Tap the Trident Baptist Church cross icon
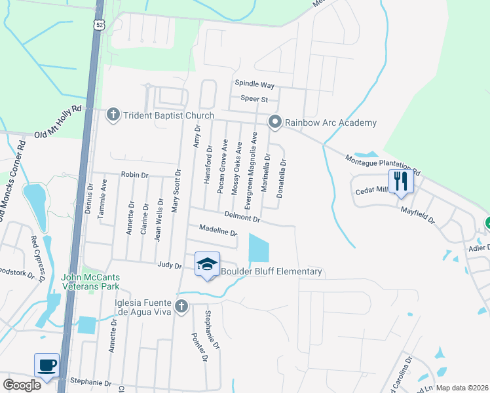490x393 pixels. (x=113, y=115)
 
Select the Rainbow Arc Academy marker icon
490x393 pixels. (x=276, y=122)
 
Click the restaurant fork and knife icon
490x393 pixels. (x=400, y=179)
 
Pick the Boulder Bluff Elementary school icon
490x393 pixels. (x=208, y=263)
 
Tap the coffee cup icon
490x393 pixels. (x=47, y=365)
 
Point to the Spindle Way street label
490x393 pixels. (x=255, y=85)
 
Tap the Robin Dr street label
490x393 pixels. (x=135, y=176)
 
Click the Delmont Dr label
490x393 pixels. (x=242, y=215)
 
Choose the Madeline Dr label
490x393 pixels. (x=217, y=230)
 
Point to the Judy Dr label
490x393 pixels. (x=169, y=265)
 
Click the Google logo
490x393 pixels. (x=22, y=385)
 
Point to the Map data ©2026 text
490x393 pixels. (x=462, y=388)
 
